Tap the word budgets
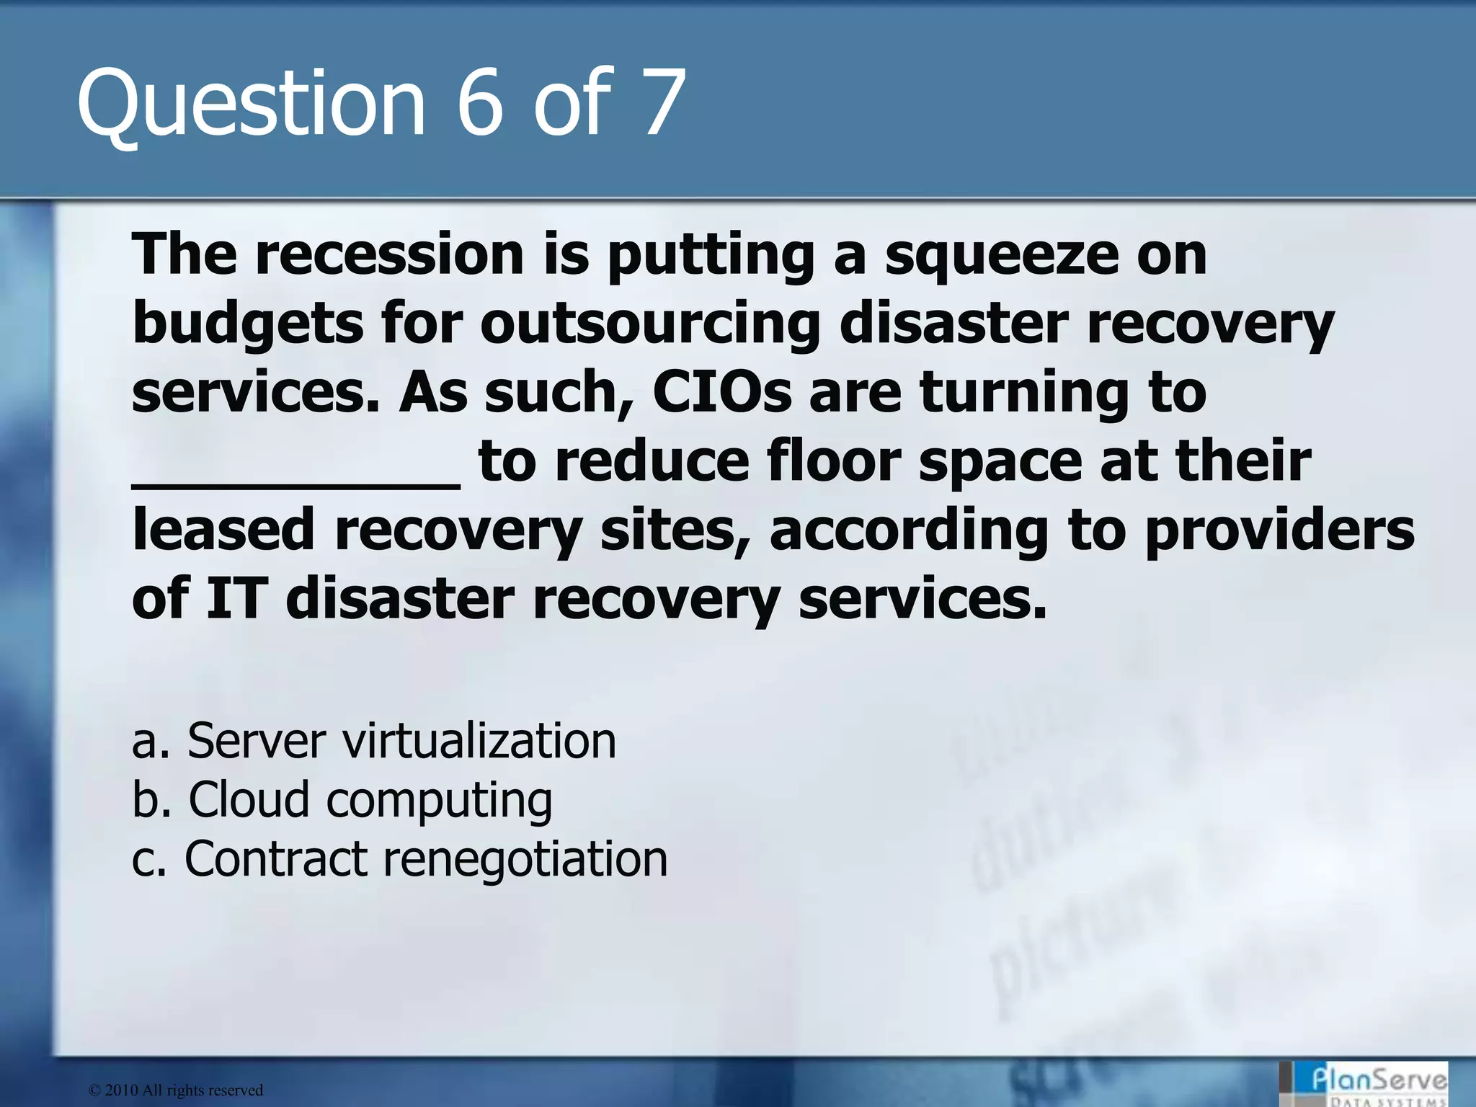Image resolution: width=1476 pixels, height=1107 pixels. pos(248,324)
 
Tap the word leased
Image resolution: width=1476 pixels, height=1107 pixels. pos(223,530)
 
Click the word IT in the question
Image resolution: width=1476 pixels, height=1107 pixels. pos(234,598)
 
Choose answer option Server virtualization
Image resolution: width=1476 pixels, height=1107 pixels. pos(374,740)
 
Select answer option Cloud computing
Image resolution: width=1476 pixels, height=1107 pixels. pos(342,800)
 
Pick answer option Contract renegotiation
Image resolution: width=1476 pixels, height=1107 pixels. pos(400,858)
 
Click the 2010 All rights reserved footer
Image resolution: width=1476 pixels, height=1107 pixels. pos(176,1090)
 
